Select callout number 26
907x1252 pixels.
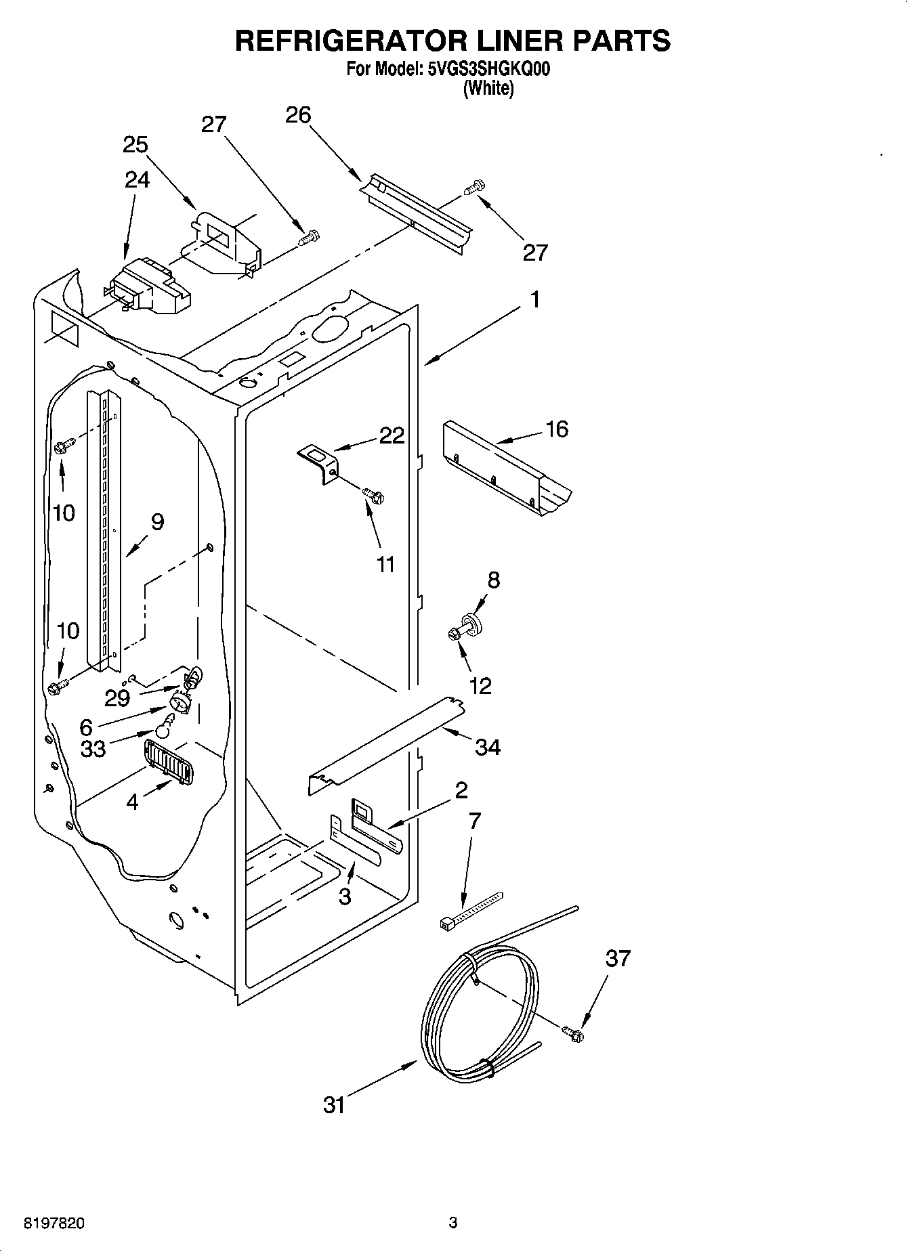click(x=298, y=115)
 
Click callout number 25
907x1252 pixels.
click(x=135, y=145)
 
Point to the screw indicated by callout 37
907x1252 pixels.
click(x=573, y=1033)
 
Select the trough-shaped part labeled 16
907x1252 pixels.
click(x=505, y=478)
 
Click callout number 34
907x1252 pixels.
click(x=487, y=747)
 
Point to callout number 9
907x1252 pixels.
click(x=157, y=521)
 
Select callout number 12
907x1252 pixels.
click(x=480, y=686)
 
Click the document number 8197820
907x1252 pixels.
click(x=54, y=1224)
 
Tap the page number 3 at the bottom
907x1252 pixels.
click(x=453, y=1223)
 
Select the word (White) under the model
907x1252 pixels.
click(x=488, y=88)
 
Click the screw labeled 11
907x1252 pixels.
click(x=374, y=496)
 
